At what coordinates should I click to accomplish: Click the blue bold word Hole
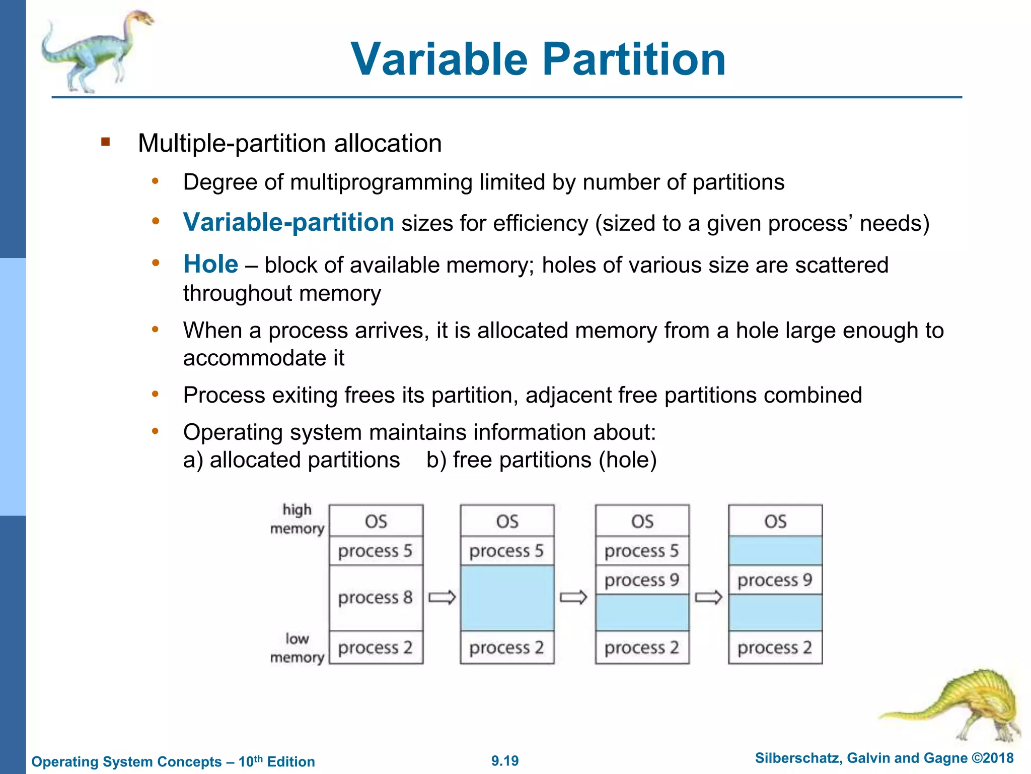(x=210, y=264)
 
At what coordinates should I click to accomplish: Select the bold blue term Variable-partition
(x=288, y=222)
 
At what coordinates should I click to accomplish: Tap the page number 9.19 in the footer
(x=505, y=761)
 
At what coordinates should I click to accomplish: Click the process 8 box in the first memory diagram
(x=376, y=598)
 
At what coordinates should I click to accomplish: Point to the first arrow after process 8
(x=442, y=598)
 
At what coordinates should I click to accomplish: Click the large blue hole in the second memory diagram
(x=507, y=598)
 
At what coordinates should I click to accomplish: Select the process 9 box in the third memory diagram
(x=642, y=580)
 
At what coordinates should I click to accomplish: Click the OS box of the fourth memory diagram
(x=775, y=521)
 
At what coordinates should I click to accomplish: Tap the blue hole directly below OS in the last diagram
(x=775, y=551)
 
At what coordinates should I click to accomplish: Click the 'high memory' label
(x=297, y=519)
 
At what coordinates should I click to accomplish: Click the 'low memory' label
(x=297, y=648)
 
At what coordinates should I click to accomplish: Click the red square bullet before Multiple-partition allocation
(x=105, y=142)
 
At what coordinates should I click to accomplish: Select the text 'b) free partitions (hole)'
(x=541, y=460)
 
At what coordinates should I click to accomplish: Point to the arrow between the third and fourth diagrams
(x=708, y=598)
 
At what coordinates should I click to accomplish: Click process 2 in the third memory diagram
(x=642, y=648)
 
